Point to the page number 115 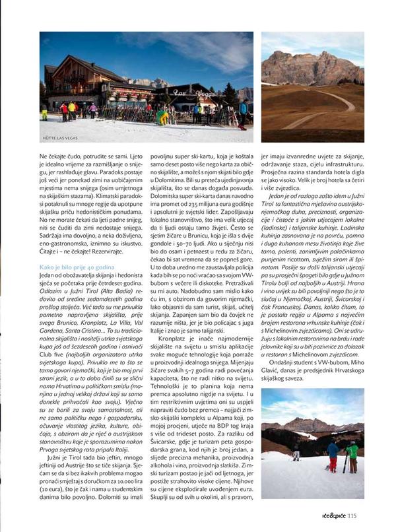point(352,515)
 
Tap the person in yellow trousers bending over point(163,117)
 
